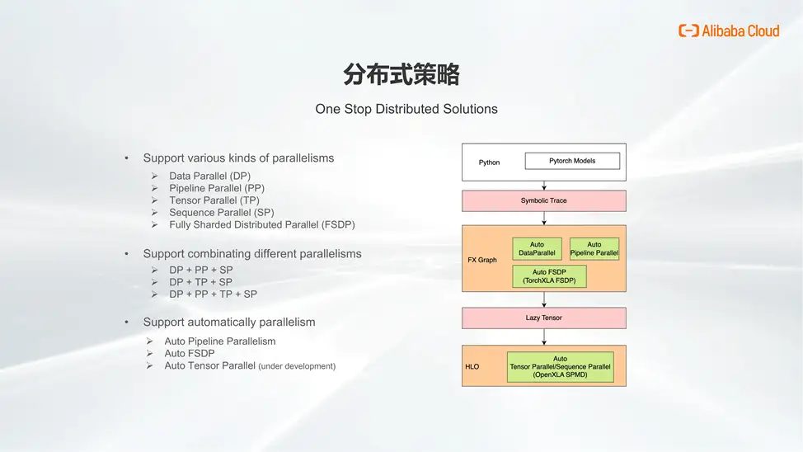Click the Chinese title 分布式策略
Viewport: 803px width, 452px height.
click(x=401, y=76)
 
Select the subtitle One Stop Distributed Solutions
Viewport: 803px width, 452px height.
click(x=406, y=109)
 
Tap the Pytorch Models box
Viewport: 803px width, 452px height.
click(x=572, y=161)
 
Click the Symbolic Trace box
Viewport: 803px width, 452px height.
click(x=543, y=200)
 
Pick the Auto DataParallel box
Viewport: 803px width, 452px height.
click(x=537, y=248)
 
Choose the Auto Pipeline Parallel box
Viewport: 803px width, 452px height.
click(x=594, y=248)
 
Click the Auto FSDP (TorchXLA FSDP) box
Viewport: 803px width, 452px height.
click(x=549, y=276)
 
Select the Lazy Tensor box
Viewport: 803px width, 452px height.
click(x=543, y=318)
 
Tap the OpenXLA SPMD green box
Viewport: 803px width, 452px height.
click(x=560, y=366)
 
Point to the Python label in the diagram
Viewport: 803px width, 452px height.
click(x=489, y=162)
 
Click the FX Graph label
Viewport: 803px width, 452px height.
click(x=482, y=260)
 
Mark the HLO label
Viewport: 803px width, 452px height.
click(x=472, y=366)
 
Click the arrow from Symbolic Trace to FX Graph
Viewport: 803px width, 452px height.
click(x=543, y=218)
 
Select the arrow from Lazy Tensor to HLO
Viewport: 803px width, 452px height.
click(x=543, y=337)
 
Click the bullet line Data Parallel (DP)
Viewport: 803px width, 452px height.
click(x=209, y=176)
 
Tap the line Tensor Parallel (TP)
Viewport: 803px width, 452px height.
click(x=214, y=200)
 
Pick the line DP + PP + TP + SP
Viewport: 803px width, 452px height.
click(x=213, y=294)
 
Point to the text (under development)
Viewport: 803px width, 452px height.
click(x=297, y=366)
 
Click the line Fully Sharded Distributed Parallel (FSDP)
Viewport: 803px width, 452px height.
click(x=261, y=224)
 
